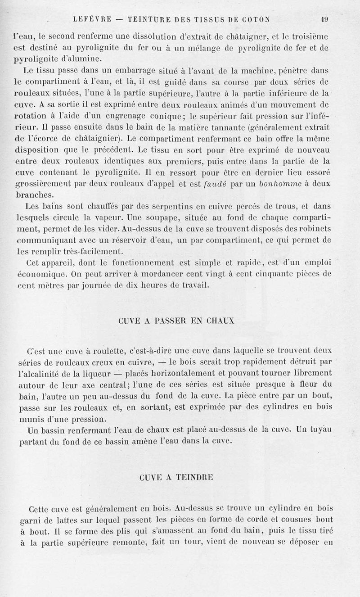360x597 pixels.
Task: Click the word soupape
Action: click(152, 218)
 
